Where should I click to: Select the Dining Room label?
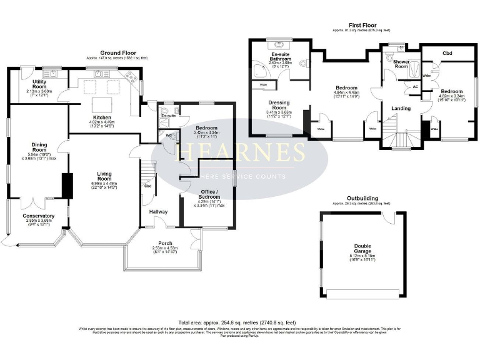(x=39, y=147)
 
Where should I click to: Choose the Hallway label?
(x=158, y=212)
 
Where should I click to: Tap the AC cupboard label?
(x=416, y=86)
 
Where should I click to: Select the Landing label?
(x=401, y=108)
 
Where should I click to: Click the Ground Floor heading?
(x=118, y=53)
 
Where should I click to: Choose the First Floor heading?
(x=362, y=25)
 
